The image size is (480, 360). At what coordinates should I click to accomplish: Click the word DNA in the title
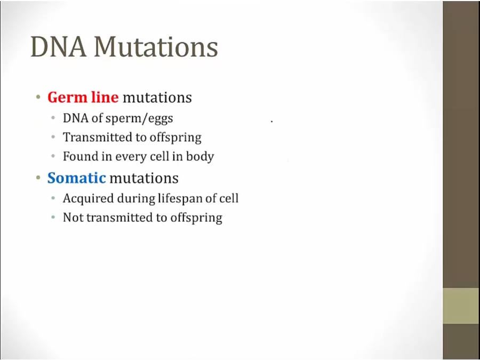[58, 47]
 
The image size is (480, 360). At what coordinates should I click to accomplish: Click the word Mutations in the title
[156, 47]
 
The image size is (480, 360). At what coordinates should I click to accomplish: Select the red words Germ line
[83, 98]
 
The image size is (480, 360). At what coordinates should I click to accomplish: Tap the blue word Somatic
[76, 178]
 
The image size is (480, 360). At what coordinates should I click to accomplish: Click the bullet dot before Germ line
[38, 98]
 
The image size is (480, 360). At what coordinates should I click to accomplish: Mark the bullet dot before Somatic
[38, 178]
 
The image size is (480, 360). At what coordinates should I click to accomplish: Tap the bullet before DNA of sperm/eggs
[53, 118]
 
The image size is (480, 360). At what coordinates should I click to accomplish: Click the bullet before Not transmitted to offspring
[53, 218]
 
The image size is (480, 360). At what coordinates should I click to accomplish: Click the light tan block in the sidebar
[461, 306]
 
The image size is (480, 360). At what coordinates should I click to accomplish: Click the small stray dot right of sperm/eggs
[271, 122]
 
